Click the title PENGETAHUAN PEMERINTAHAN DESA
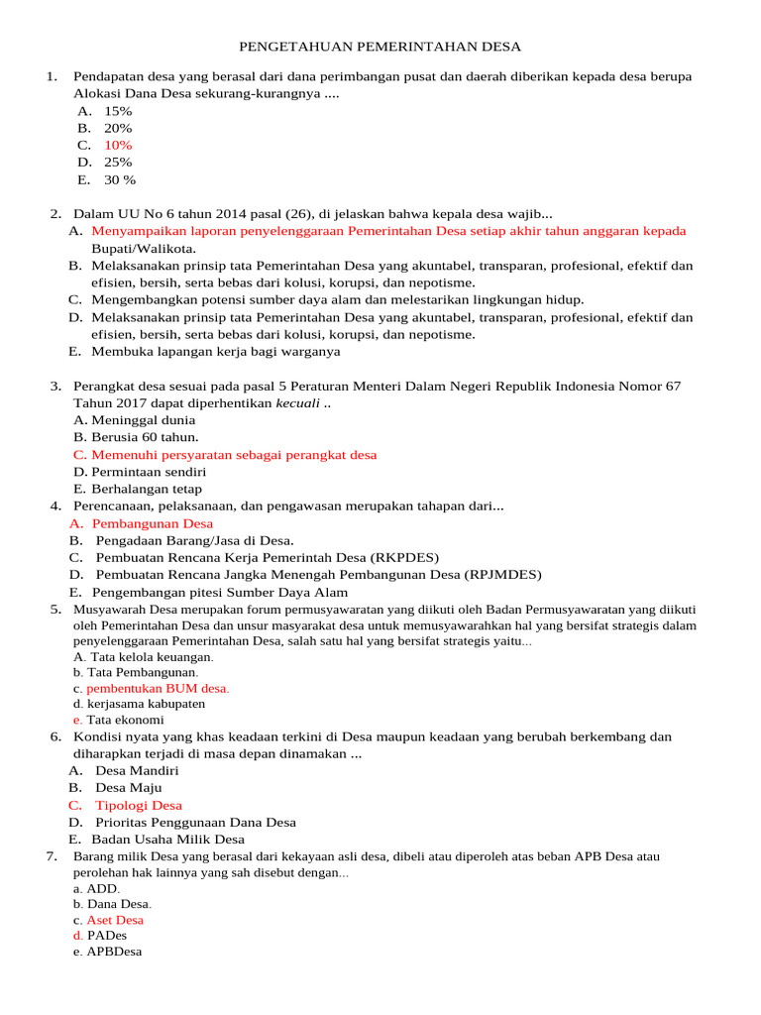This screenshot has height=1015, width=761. point(380,47)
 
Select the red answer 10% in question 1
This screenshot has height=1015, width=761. point(118,145)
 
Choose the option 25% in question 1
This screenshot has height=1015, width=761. point(118,162)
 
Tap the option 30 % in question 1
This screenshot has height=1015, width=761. point(120,179)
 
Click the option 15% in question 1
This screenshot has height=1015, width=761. point(118,111)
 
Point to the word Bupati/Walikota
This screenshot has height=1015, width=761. point(144,248)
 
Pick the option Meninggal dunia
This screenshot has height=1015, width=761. point(143,419)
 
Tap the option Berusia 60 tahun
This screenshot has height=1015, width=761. point(145,436)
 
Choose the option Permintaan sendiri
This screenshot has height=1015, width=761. point(149,472)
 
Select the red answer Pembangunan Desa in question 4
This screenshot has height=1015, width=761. point(152,523)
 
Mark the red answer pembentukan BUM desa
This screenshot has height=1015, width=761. point(158,688)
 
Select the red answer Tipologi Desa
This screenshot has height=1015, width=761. point(139,805)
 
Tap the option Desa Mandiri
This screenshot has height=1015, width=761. point(137,770)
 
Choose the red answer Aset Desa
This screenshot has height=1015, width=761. point(115,920)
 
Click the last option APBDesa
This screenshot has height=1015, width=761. point(114,952)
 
